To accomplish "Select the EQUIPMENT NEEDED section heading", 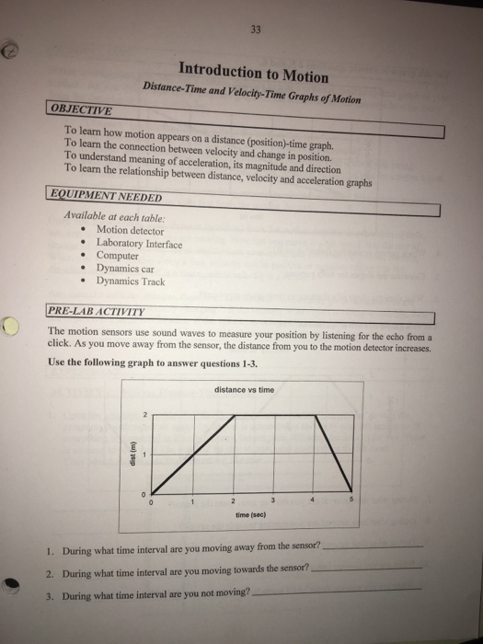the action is click(106, 198).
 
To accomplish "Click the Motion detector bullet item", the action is click(130, 230).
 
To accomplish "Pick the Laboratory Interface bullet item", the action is click(139, 244).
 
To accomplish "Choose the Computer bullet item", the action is click(117, 257).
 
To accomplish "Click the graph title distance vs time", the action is click(243, 390).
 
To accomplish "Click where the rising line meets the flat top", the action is click(234, 416).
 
